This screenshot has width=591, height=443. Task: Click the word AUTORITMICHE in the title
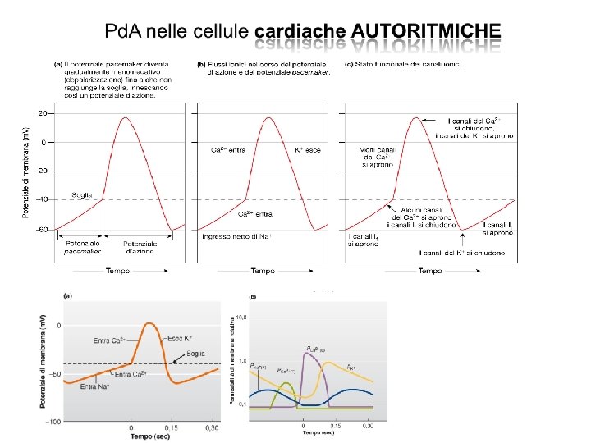425,31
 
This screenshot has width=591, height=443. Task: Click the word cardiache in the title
301,31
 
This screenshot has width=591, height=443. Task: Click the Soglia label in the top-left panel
83,194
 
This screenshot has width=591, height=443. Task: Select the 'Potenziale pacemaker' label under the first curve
83,248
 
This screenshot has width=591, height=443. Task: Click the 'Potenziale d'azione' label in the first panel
140,248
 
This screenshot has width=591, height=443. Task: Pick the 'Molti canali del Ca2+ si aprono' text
378,158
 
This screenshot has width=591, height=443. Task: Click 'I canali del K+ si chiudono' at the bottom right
466,253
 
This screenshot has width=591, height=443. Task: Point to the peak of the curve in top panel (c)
416,117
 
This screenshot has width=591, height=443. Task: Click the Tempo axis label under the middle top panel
263,271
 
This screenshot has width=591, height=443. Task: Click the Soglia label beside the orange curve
195,354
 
